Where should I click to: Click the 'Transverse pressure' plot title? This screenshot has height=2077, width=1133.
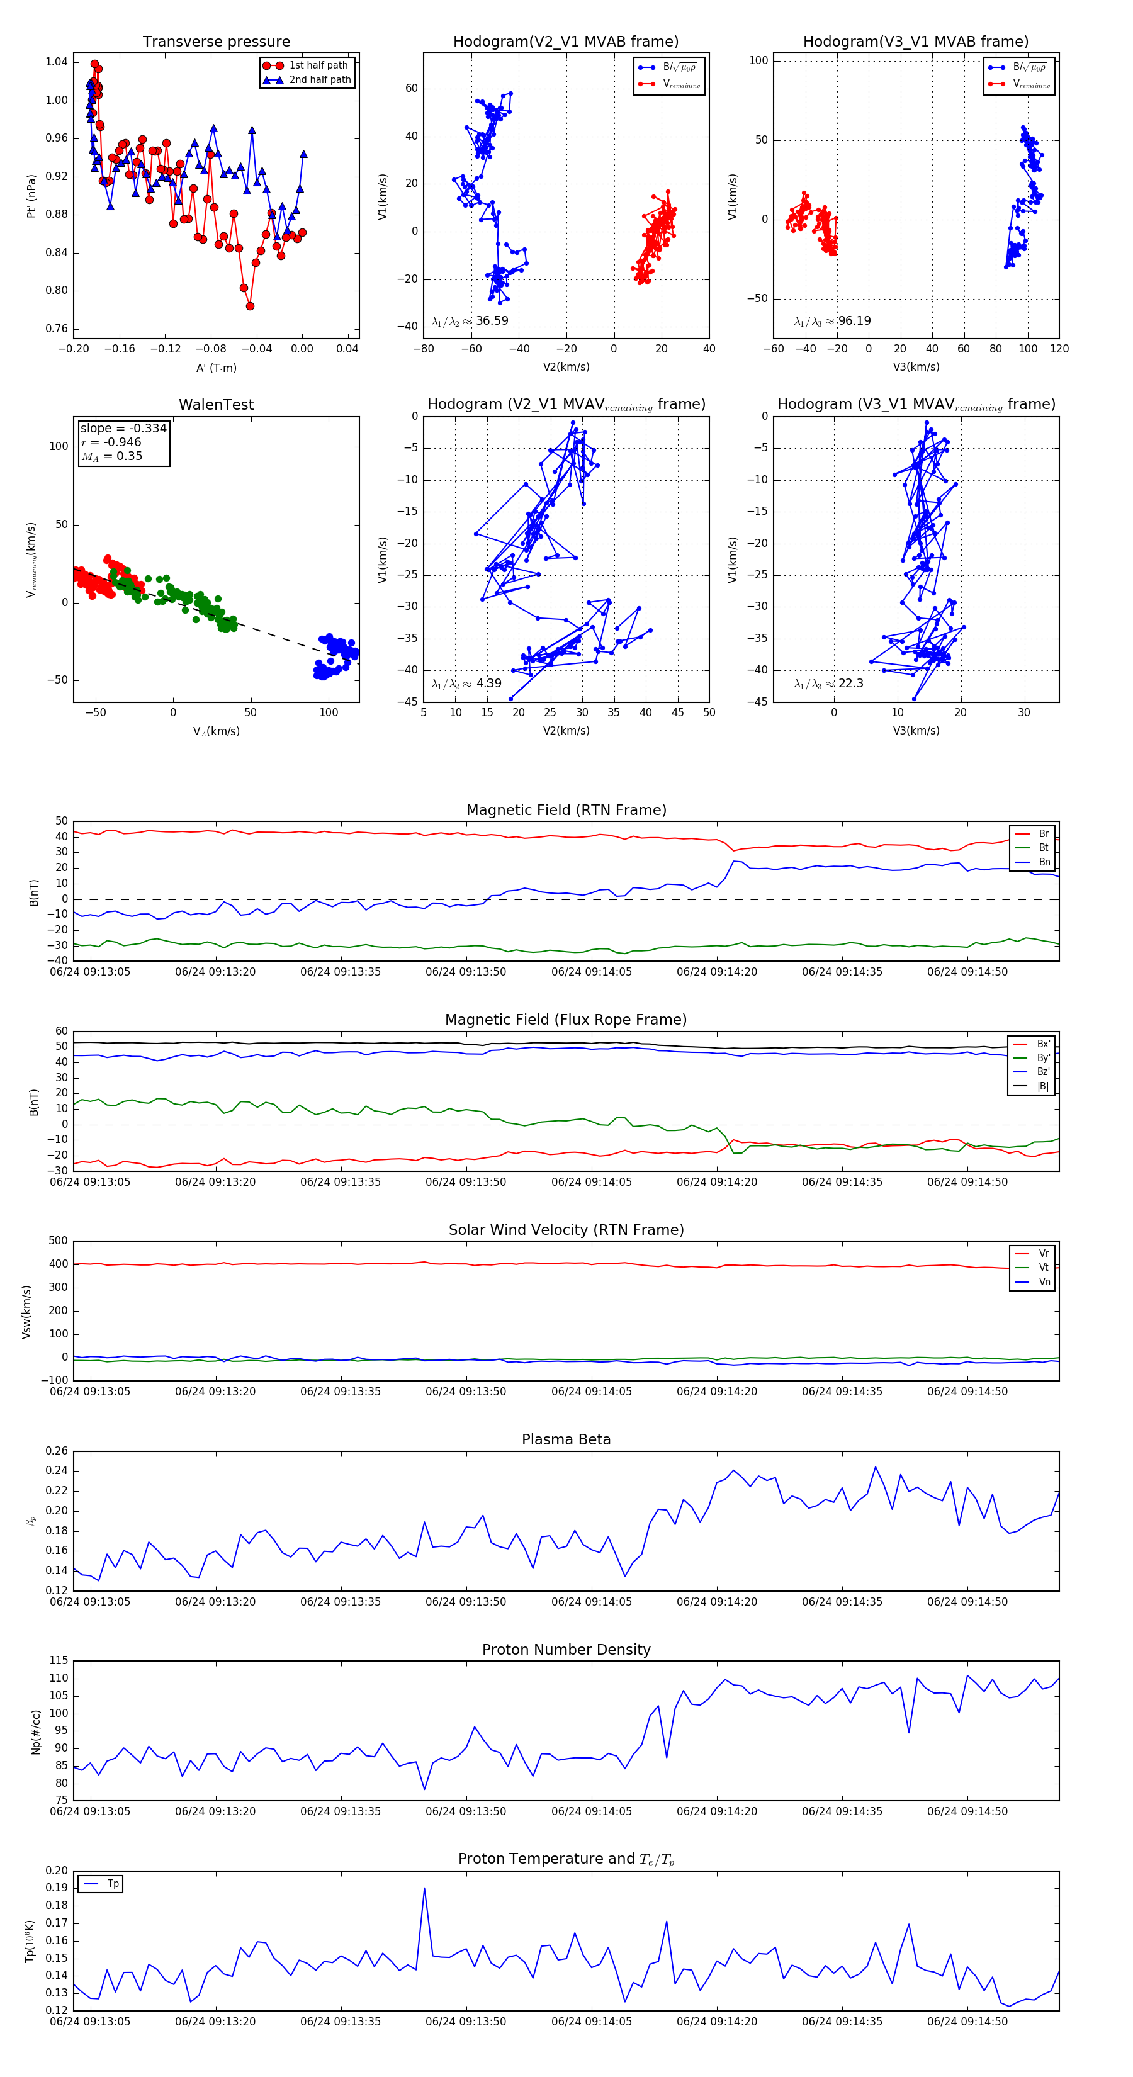[216, 42]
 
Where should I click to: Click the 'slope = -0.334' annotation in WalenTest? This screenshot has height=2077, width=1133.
[123, 428]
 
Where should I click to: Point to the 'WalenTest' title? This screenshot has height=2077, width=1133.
[216, 405]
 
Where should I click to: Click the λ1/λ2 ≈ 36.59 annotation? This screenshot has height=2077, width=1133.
[470, 321]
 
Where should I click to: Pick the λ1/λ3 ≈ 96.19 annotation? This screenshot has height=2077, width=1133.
[832, 321]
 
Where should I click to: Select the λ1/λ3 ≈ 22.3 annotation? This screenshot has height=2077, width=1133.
[828, 684]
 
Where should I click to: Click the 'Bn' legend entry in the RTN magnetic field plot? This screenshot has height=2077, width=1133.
[1044, 862]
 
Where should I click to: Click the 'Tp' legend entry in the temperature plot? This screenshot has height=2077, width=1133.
[112, 1884]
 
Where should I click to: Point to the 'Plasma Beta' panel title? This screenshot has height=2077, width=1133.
[566, 1439]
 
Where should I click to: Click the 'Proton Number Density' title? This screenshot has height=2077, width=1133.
[566, 1649]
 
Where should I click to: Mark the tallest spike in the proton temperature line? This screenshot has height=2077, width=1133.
[424, 1888]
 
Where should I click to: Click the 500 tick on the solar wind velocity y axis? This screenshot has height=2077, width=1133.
[58, 1241]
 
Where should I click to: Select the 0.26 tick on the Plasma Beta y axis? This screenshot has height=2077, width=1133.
[57, 1451]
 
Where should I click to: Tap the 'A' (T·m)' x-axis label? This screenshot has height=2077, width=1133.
[216, 368]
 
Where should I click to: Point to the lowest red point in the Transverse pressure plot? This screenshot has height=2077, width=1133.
[250, 307]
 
